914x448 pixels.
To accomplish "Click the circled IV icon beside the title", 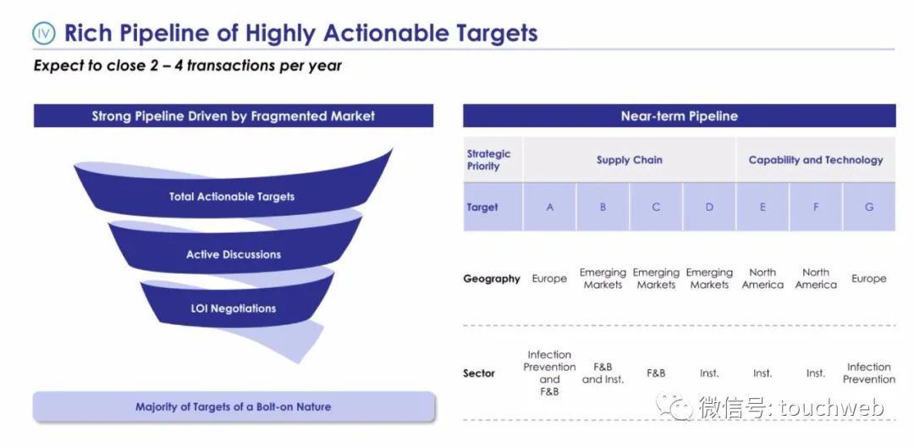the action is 44,34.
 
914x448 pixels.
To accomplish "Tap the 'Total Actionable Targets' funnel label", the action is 232,196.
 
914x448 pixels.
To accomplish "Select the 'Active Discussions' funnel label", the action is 234,254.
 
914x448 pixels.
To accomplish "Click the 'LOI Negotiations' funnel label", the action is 234,308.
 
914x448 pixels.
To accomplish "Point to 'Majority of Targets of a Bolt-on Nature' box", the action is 234,407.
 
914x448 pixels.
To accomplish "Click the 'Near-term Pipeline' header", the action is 679,115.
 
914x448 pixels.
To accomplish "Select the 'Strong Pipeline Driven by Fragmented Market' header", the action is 234,115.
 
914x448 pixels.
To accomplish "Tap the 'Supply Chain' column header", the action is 630,160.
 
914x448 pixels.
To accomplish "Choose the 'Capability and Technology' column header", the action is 816,160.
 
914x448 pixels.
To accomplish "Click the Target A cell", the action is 550,207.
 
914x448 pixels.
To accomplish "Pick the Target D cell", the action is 709,207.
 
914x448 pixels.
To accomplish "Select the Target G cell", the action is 869,207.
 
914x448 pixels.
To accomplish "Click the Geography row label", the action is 492,279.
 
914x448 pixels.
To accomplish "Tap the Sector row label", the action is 479,373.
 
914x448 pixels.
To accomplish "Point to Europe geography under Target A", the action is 549,279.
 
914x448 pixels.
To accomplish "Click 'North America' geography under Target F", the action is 816,279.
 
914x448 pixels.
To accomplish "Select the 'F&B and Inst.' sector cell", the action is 603,373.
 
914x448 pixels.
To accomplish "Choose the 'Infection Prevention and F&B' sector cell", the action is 549,373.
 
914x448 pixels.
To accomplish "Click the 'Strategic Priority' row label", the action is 488,160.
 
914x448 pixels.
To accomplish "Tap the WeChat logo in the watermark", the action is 675,406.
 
